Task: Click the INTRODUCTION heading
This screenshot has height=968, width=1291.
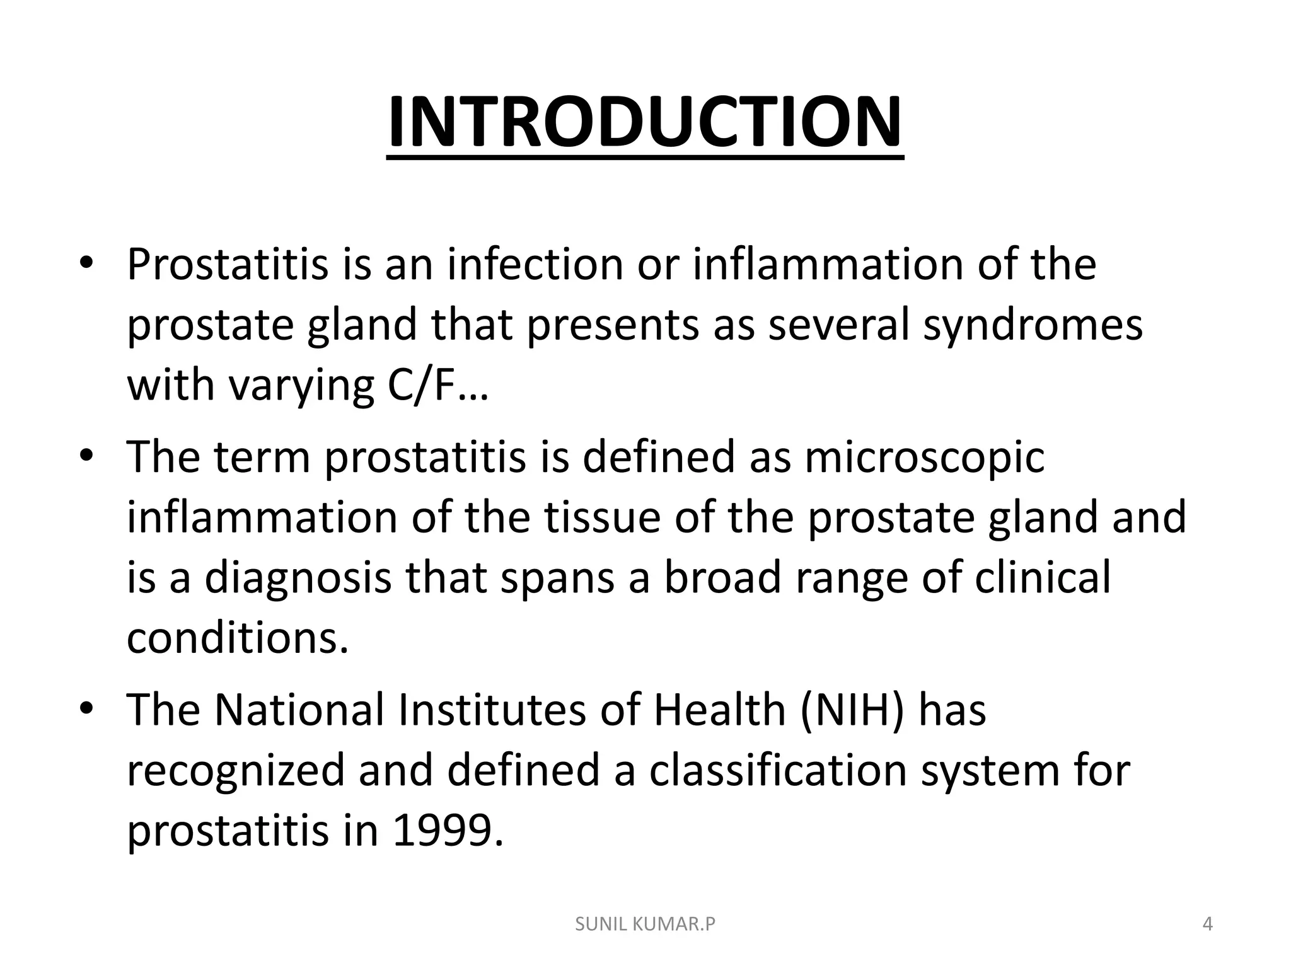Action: click(644, 123)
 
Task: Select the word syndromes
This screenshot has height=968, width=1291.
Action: click(1033, 326)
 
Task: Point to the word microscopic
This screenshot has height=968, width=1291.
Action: click(924, 457)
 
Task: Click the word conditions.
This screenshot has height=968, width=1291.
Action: click(238, 638)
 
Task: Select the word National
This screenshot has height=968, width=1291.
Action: click(299, 710)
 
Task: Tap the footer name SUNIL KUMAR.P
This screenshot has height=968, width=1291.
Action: click(645, 925)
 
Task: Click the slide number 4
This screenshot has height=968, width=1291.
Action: click(1208, 925)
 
